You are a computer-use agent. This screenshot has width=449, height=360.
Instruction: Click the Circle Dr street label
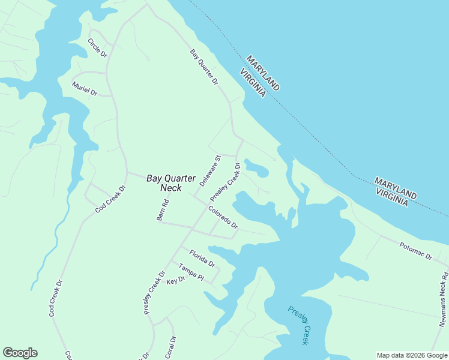(97, 47)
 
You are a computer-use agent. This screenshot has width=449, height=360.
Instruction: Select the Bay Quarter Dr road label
(203, 67)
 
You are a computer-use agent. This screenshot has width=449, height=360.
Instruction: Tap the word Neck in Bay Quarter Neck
(172, 188)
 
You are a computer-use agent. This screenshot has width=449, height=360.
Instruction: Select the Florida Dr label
(202, 258)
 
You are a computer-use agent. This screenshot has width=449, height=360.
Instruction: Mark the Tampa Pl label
(191, 272)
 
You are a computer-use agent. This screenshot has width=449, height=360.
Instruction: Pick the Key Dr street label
(176, 281)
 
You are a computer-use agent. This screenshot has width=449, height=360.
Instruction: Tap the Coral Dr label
(170, 347)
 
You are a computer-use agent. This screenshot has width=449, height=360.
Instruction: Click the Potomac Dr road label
(416, 251)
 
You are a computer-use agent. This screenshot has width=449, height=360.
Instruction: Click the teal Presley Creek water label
(298, 325)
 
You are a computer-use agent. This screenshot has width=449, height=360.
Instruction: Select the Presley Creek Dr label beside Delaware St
(225, 182)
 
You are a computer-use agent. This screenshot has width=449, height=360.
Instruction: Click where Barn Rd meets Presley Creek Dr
(191, 229)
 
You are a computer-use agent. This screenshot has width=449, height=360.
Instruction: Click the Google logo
(20, 353)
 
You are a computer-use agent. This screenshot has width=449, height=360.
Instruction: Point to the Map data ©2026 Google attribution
(411, 355)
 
